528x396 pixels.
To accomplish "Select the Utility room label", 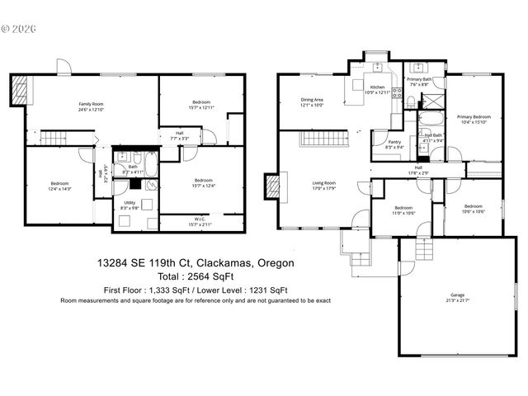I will coord(130,205).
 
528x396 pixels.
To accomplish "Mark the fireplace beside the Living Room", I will coord(272,186).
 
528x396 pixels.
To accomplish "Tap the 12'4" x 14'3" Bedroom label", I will coord(60,186).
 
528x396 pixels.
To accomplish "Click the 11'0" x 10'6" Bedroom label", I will coord(403,210).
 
